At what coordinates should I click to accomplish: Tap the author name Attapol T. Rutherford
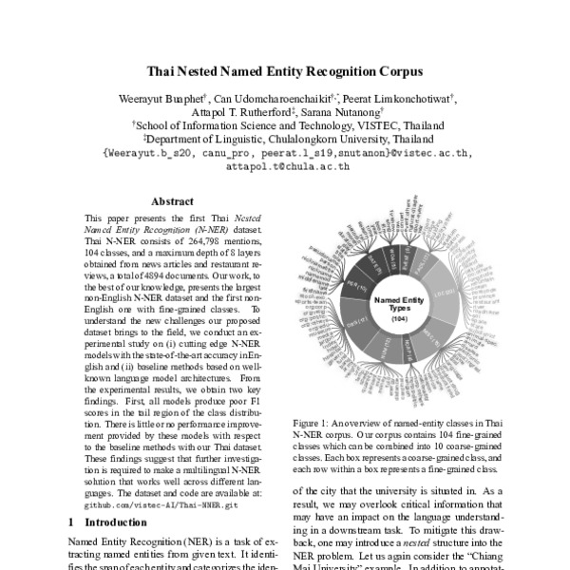point(255,111)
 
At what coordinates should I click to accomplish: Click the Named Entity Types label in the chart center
point(399,304)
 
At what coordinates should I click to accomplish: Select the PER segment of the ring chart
point(355,286)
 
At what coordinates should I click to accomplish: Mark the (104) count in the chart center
point(399,319)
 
